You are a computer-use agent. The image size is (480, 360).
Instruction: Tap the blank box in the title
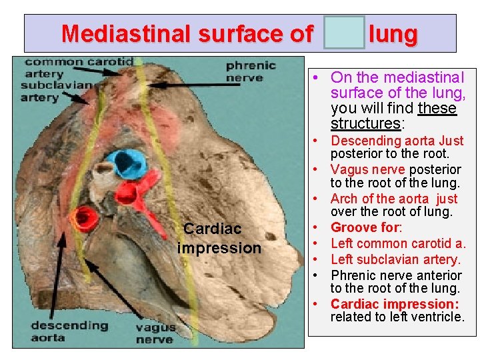[x=344, y=33]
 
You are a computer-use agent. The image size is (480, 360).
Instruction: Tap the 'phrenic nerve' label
[x=250, y=71]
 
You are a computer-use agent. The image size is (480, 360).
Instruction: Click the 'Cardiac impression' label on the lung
[x=219, y=238]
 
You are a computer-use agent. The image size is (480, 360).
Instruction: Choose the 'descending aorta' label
[x=69, y=331]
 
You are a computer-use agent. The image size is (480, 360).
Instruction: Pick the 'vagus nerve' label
[x=155, y=333]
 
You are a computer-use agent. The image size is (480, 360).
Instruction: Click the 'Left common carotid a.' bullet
[x=398, y=243]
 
